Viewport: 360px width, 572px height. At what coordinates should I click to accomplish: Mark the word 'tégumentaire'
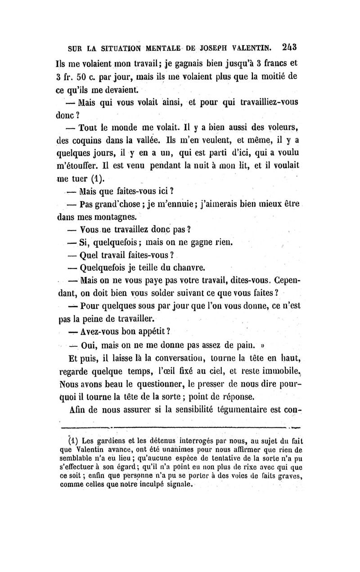point(247,411)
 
